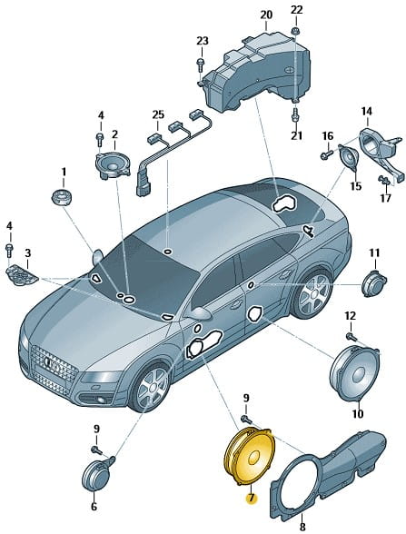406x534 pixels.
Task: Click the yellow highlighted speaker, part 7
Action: tap(249, 456)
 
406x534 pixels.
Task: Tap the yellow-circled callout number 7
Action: tap(252, 499)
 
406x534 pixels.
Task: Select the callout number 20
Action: tap(266, 15)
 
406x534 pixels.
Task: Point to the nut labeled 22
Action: tap(296, 32)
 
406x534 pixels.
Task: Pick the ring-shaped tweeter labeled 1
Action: tap(63, 197)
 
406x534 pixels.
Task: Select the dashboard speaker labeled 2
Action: tap(113, 163)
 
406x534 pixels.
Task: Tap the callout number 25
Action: tap(158, 114)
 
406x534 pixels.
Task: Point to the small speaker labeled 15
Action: tap(349, 156)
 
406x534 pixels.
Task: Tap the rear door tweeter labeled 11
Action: tap(373, 283)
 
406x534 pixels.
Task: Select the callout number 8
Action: tap(302, 528)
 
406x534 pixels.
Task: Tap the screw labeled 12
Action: tap(351, 337)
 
